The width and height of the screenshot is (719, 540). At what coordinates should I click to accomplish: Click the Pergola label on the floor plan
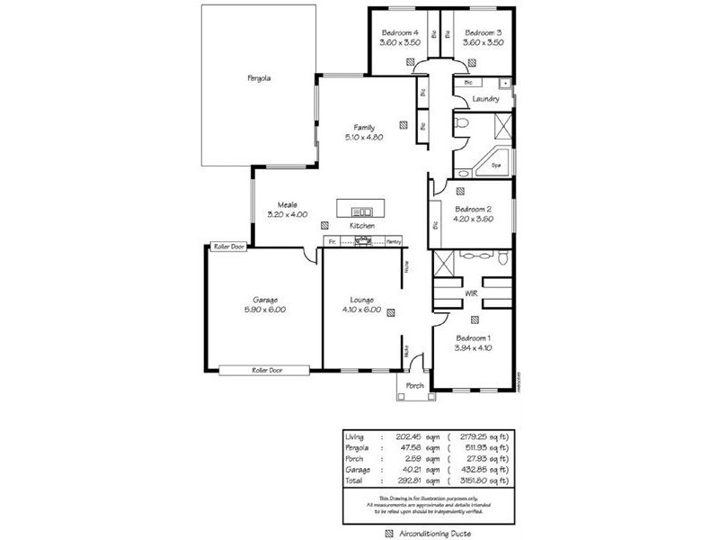coord(260,78)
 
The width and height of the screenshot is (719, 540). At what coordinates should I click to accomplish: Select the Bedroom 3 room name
coord(483,32)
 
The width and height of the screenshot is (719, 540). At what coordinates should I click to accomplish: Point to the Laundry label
coord(485,99)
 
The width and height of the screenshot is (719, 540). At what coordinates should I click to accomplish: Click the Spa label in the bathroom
coord(496,166)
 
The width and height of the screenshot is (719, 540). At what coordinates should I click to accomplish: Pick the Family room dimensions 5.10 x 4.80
coord(364,138)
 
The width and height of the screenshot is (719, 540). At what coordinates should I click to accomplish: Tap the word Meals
coord(288,204)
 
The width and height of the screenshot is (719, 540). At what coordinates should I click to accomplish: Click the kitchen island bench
coord(359,208)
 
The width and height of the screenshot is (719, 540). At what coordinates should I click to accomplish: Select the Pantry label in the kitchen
coord(393,242)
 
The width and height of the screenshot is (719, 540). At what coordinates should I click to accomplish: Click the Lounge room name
coord(363,300)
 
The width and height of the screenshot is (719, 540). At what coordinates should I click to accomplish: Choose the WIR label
coord(471,293)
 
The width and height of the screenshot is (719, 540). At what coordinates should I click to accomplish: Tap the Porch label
coord(415,385)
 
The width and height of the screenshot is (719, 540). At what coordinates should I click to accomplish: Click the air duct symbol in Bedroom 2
coord(460,191)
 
